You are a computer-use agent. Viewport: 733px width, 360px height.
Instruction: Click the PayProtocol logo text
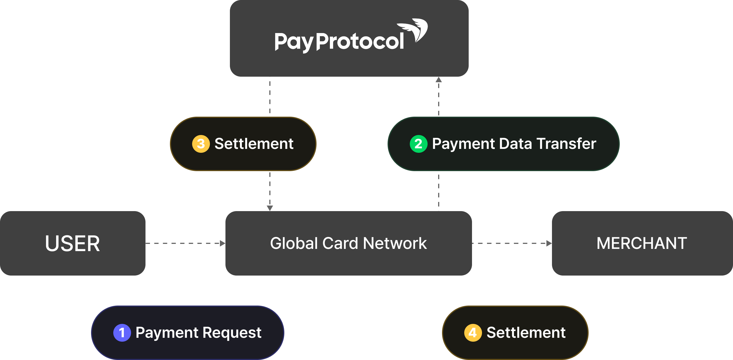tap(339, 42)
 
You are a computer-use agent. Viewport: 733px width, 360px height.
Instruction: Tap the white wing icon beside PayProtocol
tap(415, 29)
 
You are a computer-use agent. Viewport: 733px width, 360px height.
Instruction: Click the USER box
tap(72, 243)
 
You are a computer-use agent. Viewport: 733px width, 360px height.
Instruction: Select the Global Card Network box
tap(348, 243)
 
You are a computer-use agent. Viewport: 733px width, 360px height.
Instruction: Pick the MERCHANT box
tap(642, 243)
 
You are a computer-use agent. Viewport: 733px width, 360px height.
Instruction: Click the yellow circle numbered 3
tap(201, 144)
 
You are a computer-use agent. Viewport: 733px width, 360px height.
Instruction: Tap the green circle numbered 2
tap(418, 144)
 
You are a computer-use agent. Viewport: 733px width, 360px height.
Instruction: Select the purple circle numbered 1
tap(122, 333)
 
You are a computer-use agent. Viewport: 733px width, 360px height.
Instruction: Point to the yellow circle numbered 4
tap(473, 333)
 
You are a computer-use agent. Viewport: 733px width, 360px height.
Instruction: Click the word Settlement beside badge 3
tap(254, 144)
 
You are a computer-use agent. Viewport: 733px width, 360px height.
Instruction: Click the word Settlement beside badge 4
tap(526, 333)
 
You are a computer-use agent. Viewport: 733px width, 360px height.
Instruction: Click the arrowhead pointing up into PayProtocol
tap(439, 79)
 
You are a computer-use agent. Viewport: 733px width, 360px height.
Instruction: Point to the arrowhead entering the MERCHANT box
tap(549, 243)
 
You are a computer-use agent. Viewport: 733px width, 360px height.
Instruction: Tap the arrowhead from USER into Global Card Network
tap(223, 243)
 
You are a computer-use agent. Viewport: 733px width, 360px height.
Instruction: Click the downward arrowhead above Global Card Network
tap(270, 208)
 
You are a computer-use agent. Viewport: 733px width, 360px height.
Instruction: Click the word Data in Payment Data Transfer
tap(515, 144)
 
